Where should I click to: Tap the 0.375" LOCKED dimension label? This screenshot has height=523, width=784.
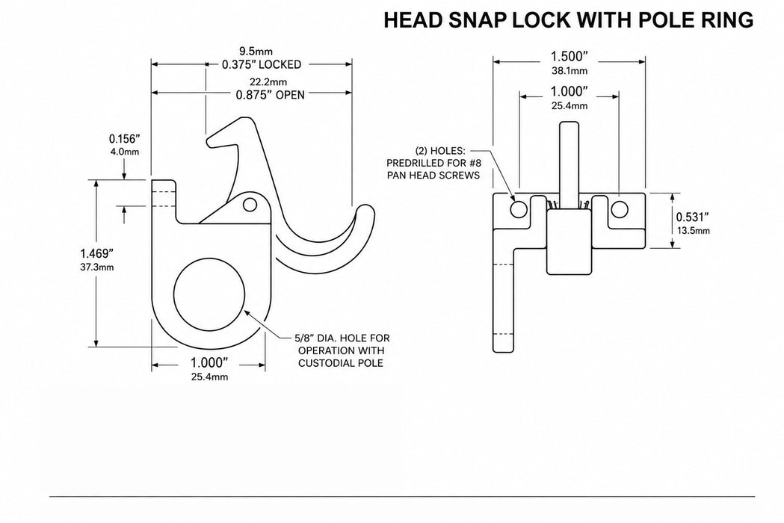[x=262, y=64]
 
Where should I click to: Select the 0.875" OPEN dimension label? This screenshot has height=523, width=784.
[x=270, y=94]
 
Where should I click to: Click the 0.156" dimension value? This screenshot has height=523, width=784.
[x=125, y=139]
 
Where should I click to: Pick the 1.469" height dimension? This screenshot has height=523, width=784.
[x=97, y=253]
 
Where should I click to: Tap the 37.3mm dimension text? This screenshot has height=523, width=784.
[x=97, y=267]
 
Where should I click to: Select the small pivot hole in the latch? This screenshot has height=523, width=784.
[x=250, y=205]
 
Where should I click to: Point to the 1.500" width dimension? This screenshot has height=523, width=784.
[x=570, y=57]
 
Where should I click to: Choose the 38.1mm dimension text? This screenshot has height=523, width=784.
[x=570, y=70]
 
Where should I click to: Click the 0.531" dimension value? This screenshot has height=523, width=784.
[x=693, y=217]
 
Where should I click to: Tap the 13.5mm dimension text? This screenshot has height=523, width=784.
[x=693, y=231]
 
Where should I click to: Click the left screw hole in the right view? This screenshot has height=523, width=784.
[x=519, y=209]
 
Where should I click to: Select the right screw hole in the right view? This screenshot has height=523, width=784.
[x=620, y=209]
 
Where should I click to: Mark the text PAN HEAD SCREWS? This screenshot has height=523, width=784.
[x=433, y=175]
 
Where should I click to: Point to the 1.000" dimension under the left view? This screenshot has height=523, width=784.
[x=209, y=363]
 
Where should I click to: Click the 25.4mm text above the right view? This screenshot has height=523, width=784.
[x=570, y=105]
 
